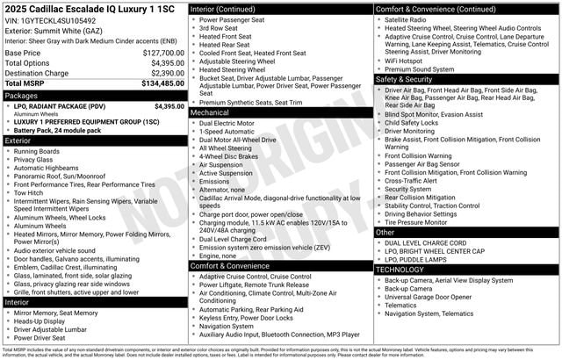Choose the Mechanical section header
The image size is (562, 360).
[x=210, y=112]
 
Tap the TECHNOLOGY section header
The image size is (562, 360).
[x=402, y=270]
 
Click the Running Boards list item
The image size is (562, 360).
[x=38, y=151]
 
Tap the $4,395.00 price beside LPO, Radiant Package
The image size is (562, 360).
[x=169, y=106]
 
